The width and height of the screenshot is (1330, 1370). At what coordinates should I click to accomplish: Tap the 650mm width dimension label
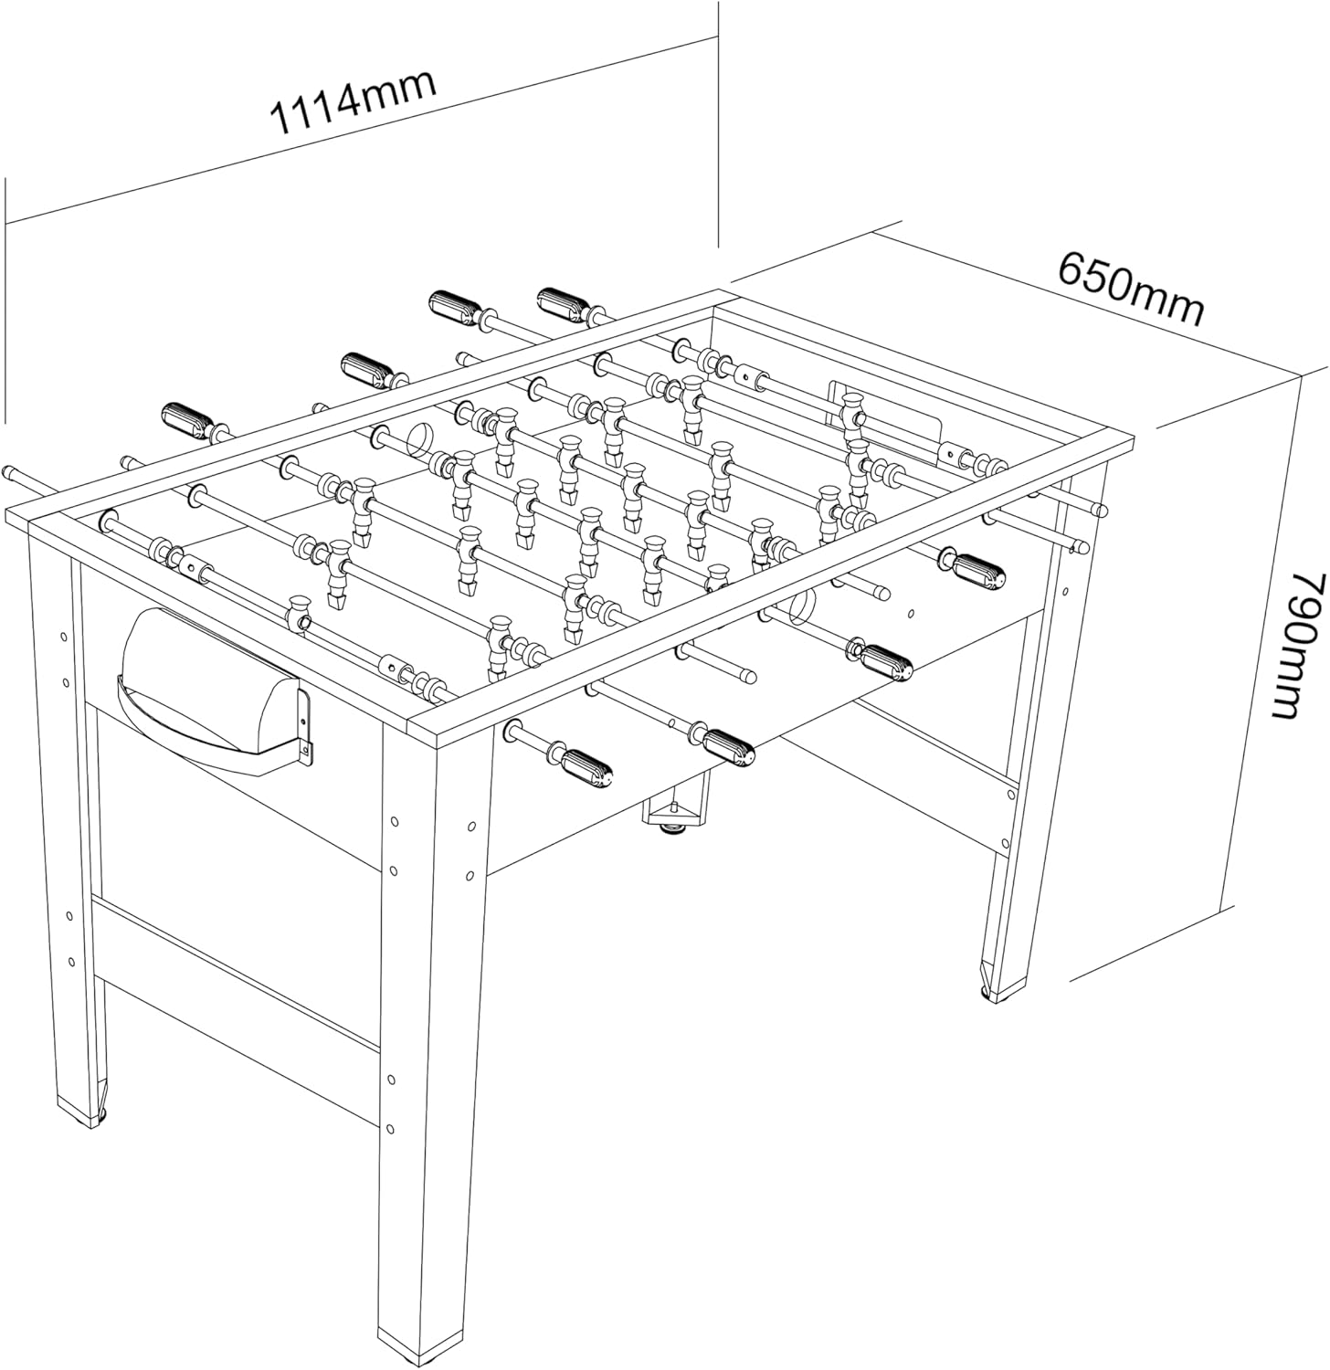pyautogui.click(x=1130, y=288)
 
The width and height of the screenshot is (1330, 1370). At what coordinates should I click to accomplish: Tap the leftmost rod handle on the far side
pyautogui.click(x=189, y=421)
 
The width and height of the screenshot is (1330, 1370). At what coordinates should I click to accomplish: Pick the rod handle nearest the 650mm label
pyautogui.click(x=568, y=304)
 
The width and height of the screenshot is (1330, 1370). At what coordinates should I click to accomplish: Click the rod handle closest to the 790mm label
pyautogui.click(x=977, y=569)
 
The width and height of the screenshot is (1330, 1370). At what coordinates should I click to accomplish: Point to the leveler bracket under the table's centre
pyautogui.click(x=675, y=812)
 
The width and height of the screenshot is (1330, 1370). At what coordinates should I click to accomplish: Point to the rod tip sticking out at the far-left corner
pyautogui.click(x=13, y=472)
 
